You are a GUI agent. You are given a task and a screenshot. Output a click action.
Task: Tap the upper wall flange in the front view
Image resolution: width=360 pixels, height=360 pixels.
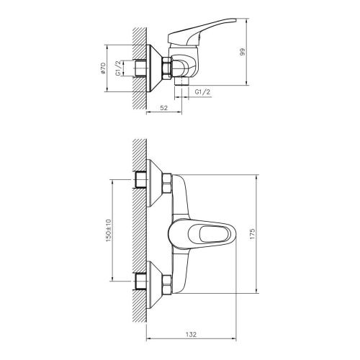pos(154,183)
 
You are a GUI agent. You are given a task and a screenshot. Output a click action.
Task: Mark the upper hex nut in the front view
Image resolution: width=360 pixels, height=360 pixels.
pos(167,183)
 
